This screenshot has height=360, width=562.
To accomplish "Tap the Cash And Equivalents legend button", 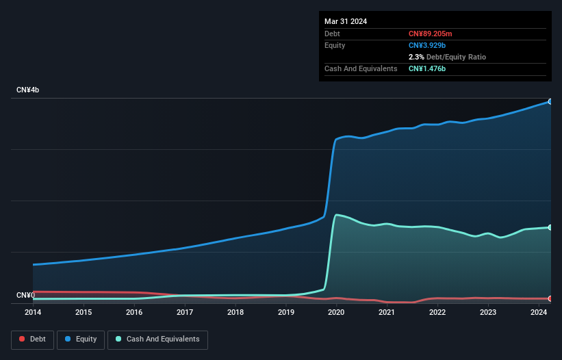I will pos(157,339).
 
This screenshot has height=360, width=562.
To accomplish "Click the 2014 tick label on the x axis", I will pos(33,313).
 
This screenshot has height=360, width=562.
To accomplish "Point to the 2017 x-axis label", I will pos(185,313).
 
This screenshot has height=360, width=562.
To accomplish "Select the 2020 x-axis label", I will pos(336,313).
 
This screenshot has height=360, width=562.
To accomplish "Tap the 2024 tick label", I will pos(539,313).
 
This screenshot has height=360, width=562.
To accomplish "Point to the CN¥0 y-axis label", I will pos(26,296).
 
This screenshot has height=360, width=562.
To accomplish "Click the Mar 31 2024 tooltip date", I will pos(346,21).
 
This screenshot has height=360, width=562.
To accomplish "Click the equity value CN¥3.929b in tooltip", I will pos(428,45).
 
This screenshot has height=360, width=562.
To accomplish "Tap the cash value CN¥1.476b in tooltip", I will pos(428,68).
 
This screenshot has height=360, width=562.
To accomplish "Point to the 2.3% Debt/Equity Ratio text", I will pos(447,57).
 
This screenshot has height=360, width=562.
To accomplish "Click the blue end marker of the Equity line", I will pos(550,101).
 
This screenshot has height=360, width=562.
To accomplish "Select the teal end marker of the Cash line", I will pos(550,227).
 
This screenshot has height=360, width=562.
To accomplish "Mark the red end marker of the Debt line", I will pos(550,298).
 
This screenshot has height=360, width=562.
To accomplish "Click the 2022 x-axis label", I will pos(437,313).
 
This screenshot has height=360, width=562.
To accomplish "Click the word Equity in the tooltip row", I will pos(335,45).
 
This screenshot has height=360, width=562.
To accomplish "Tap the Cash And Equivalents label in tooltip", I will pos(361,68).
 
